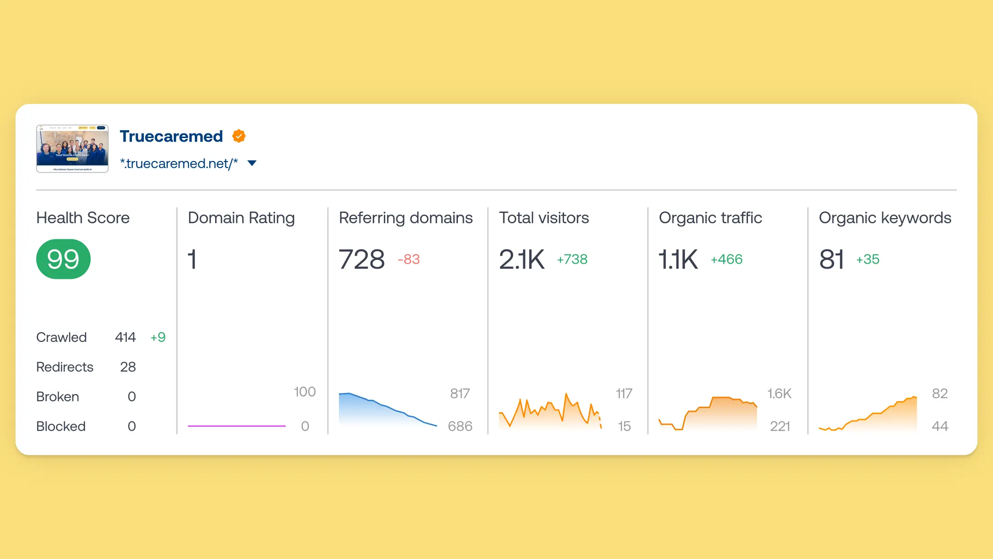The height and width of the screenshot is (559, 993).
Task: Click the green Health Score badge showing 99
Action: click(x=63, y=259)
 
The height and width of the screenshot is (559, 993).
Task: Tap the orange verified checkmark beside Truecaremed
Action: click(x=239, y=136)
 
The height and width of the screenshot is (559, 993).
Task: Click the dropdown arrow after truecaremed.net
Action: click(x=252, y=163)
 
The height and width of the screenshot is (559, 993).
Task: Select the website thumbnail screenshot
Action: click(x=73, y=149)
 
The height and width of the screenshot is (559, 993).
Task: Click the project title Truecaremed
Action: click(x=171, y=136)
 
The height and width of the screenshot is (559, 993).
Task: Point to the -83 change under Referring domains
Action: click(x=409, y=259)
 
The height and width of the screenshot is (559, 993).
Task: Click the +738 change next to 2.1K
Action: click(x=572, y=259)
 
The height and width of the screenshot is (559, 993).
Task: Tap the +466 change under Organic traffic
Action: click(x=726, y=259)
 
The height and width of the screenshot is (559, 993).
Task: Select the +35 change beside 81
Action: click(x=867, y=259)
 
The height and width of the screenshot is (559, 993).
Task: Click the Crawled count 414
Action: click(x=125, y=337)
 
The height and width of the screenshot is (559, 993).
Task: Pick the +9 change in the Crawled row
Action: click(x=158, y=337)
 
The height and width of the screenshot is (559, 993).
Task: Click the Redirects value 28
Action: click(x=128, y=367)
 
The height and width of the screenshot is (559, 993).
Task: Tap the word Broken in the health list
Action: click(x=57, y=397)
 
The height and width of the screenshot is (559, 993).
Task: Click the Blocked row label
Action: click(x=61, y=426)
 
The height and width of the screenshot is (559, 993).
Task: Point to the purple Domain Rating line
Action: click(x=237, y=426)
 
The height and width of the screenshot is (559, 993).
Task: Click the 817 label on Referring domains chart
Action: click(x=460, y=393)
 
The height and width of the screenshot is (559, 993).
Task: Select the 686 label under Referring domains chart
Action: click(x=460, y=426)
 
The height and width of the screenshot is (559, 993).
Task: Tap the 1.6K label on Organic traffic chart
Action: click(x=779, y=393)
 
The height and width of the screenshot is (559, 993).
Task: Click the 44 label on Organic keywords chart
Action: click(x=940, y=426)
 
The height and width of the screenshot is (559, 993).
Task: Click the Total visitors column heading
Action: click(x=544, y=218)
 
